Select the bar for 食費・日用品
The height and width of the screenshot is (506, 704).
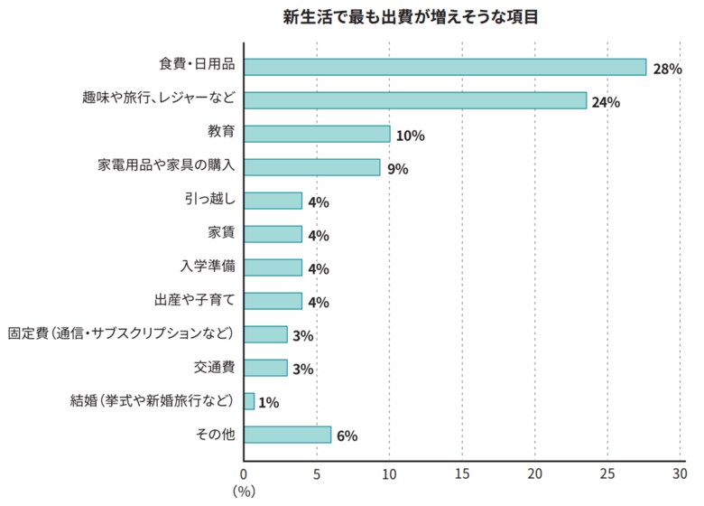445,67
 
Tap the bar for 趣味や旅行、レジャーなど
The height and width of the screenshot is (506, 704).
415,100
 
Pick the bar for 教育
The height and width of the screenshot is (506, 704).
317,134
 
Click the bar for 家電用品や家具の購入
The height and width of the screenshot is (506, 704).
311,167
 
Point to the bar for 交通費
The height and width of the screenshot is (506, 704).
265,368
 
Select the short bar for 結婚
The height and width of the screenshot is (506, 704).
249,401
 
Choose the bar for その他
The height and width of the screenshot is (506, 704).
287,435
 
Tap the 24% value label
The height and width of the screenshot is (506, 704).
606,102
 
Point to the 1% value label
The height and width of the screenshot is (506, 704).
268,403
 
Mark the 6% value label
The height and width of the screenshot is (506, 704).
347,436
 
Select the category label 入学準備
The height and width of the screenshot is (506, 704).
208,267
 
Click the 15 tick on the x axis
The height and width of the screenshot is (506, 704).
462,473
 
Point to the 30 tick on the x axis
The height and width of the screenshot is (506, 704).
680,473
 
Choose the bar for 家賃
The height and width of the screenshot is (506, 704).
273,234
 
